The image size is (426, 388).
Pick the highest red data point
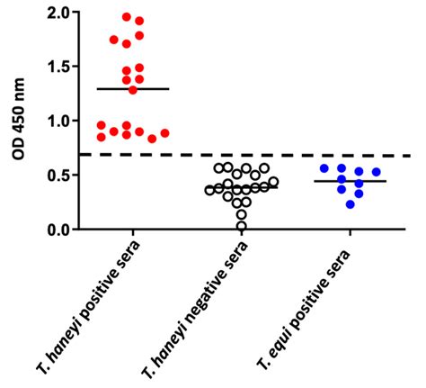coord(127,16)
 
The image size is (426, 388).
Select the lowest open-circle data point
coord(242,225)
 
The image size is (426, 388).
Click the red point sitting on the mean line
coord(133,89)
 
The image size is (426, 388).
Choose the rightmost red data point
coord(164,134)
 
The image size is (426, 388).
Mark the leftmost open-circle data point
coord(209,189)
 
